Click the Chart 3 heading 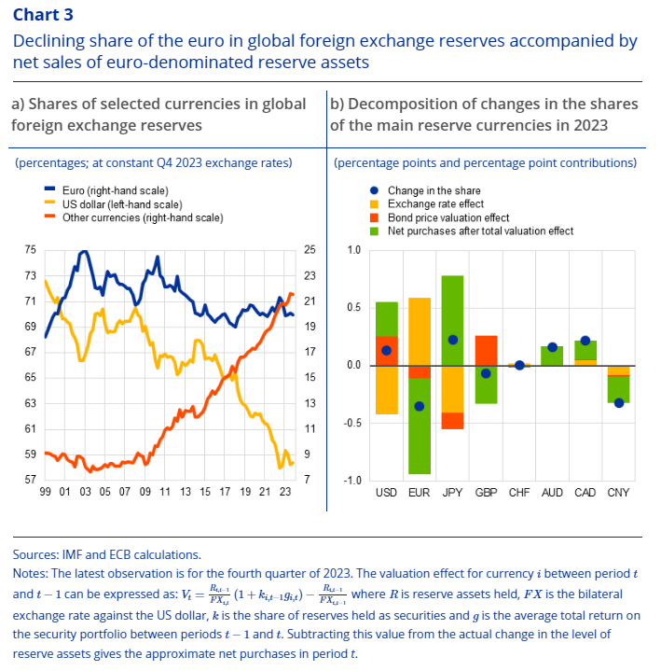point(44,14)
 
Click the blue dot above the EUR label point(420,406)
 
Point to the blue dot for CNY point(619,403)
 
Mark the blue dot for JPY point(452,340)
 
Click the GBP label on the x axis point(486,492)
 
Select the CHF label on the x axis point(519,492)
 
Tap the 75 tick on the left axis point(31,250)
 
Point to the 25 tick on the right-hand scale point(310,250)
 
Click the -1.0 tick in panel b point(352,481)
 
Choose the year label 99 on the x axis point(45,492)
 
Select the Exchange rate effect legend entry point(434,203)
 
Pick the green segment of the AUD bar point(552,355)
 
